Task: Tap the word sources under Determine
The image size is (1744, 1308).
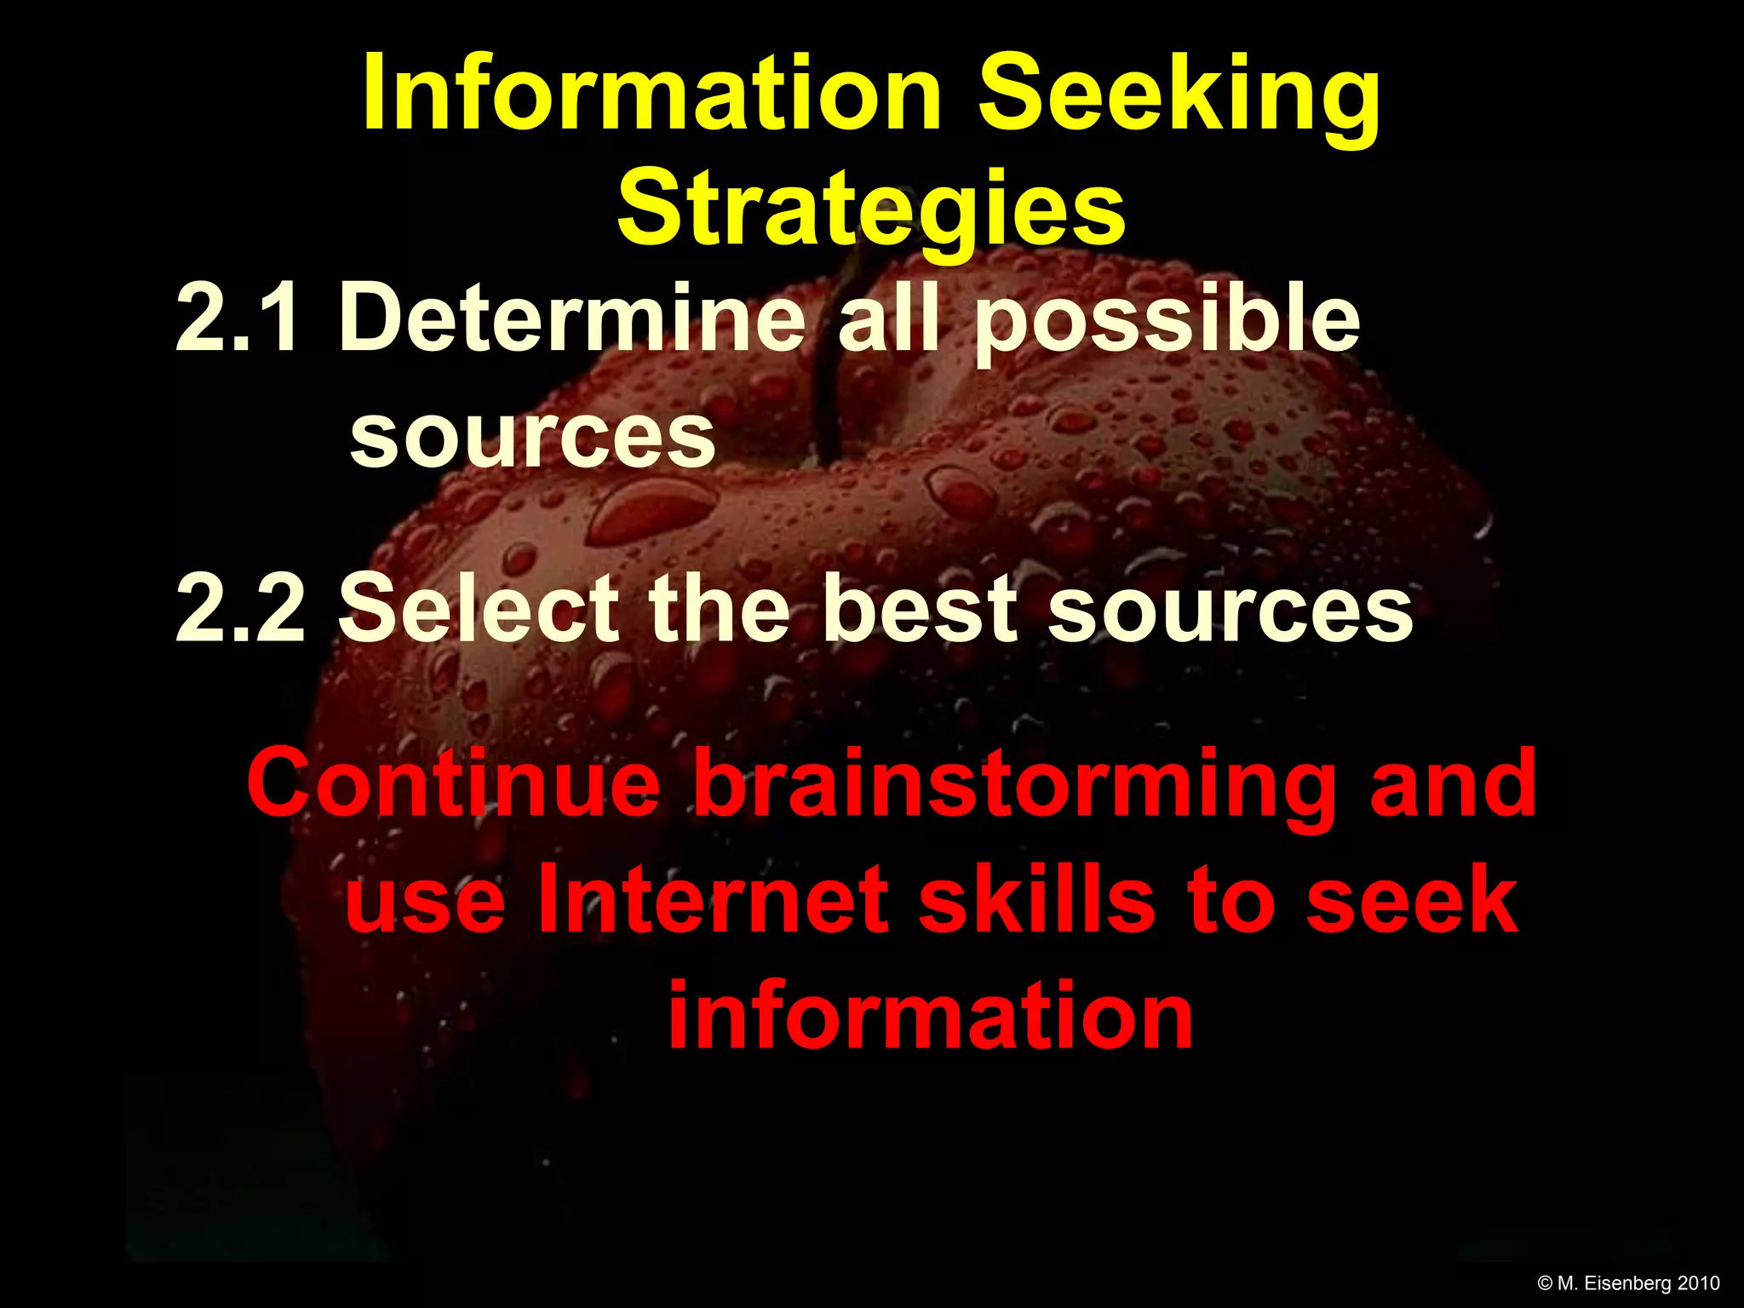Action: coord(532,436)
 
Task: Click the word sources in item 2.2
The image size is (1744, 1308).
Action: coord(1230,610)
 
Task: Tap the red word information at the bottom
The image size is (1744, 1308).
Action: coord(930,1016)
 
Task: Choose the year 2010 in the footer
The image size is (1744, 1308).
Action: coord(1698,1283)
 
